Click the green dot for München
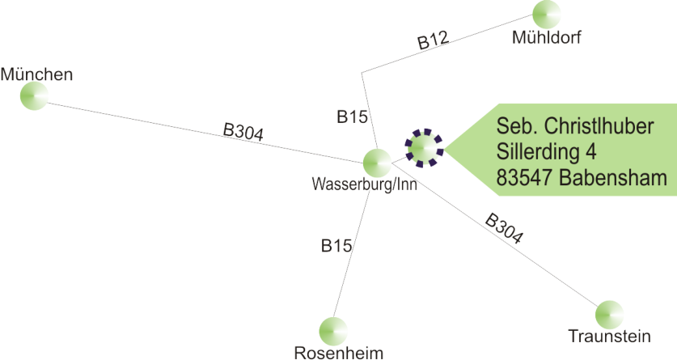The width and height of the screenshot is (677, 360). point(34,95)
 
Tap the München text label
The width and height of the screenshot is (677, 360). point(36,75)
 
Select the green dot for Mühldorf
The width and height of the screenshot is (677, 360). point(547,15)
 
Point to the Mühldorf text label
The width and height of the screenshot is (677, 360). point(548,37)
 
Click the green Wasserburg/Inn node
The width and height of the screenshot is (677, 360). point(376,162)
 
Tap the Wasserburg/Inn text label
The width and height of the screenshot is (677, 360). point(365,184)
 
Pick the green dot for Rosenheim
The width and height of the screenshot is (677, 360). point(332,330)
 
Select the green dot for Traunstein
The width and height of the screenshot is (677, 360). point(609,314)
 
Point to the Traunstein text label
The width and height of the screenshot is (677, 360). point(610,336)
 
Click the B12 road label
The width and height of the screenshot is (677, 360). point(433,41)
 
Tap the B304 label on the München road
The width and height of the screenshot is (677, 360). point(243,132)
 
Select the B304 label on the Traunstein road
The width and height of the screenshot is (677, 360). point(504,229)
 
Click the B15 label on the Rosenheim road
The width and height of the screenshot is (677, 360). point(336,246)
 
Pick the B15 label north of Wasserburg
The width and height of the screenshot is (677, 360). point(353,116)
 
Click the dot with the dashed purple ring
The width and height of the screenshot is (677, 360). point(424,147)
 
